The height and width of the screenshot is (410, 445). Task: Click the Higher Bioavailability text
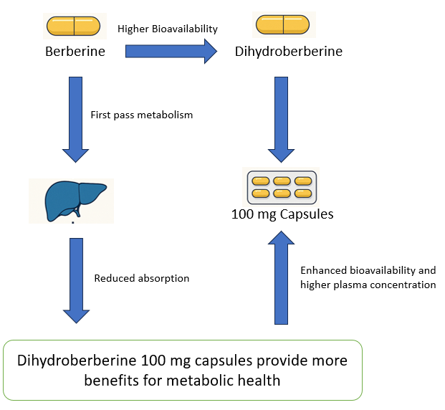click(168, 29)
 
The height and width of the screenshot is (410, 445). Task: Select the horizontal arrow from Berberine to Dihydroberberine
click(171, 51)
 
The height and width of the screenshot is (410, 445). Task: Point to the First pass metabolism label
click(141, 115)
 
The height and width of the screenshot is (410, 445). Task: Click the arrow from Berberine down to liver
click(75, 119)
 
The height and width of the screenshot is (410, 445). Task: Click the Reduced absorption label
click(141, 278)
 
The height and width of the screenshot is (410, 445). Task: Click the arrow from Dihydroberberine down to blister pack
click(282, 119)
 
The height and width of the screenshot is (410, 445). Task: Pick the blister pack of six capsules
click(282, 187)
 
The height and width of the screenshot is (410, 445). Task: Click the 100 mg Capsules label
click(282, 214)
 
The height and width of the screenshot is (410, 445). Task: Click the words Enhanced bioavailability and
click(368, 270)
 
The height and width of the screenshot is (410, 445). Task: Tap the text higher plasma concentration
click(368, 285)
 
